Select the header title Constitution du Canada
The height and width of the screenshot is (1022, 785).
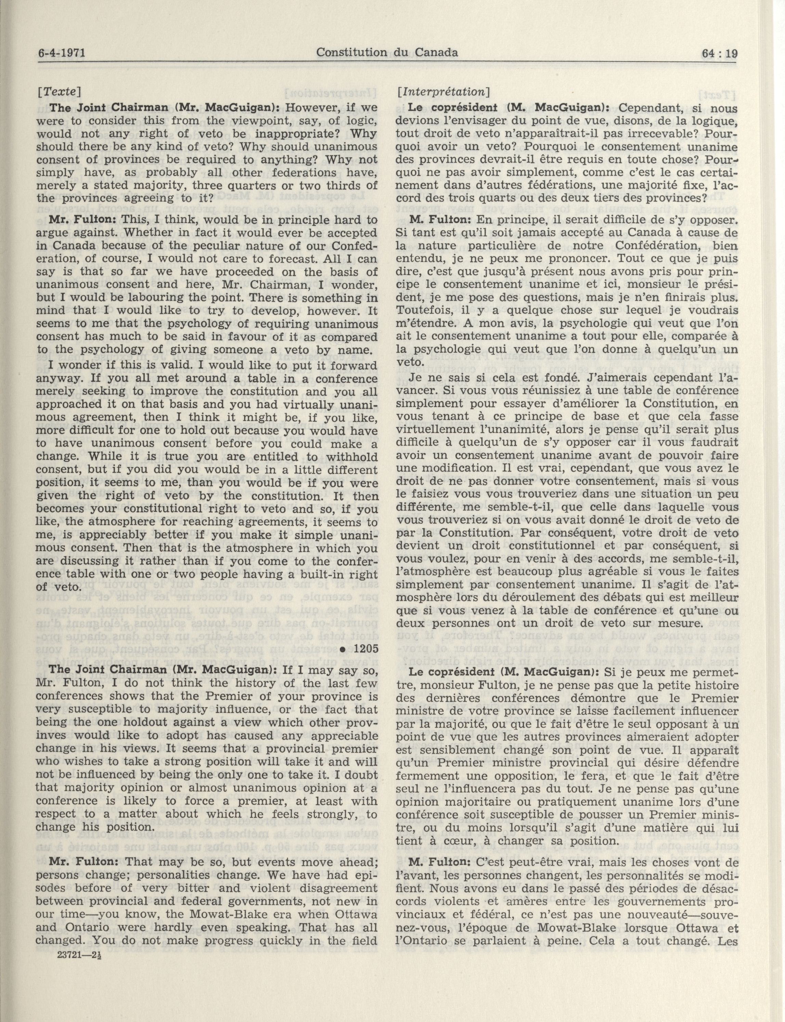coord(387,52)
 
